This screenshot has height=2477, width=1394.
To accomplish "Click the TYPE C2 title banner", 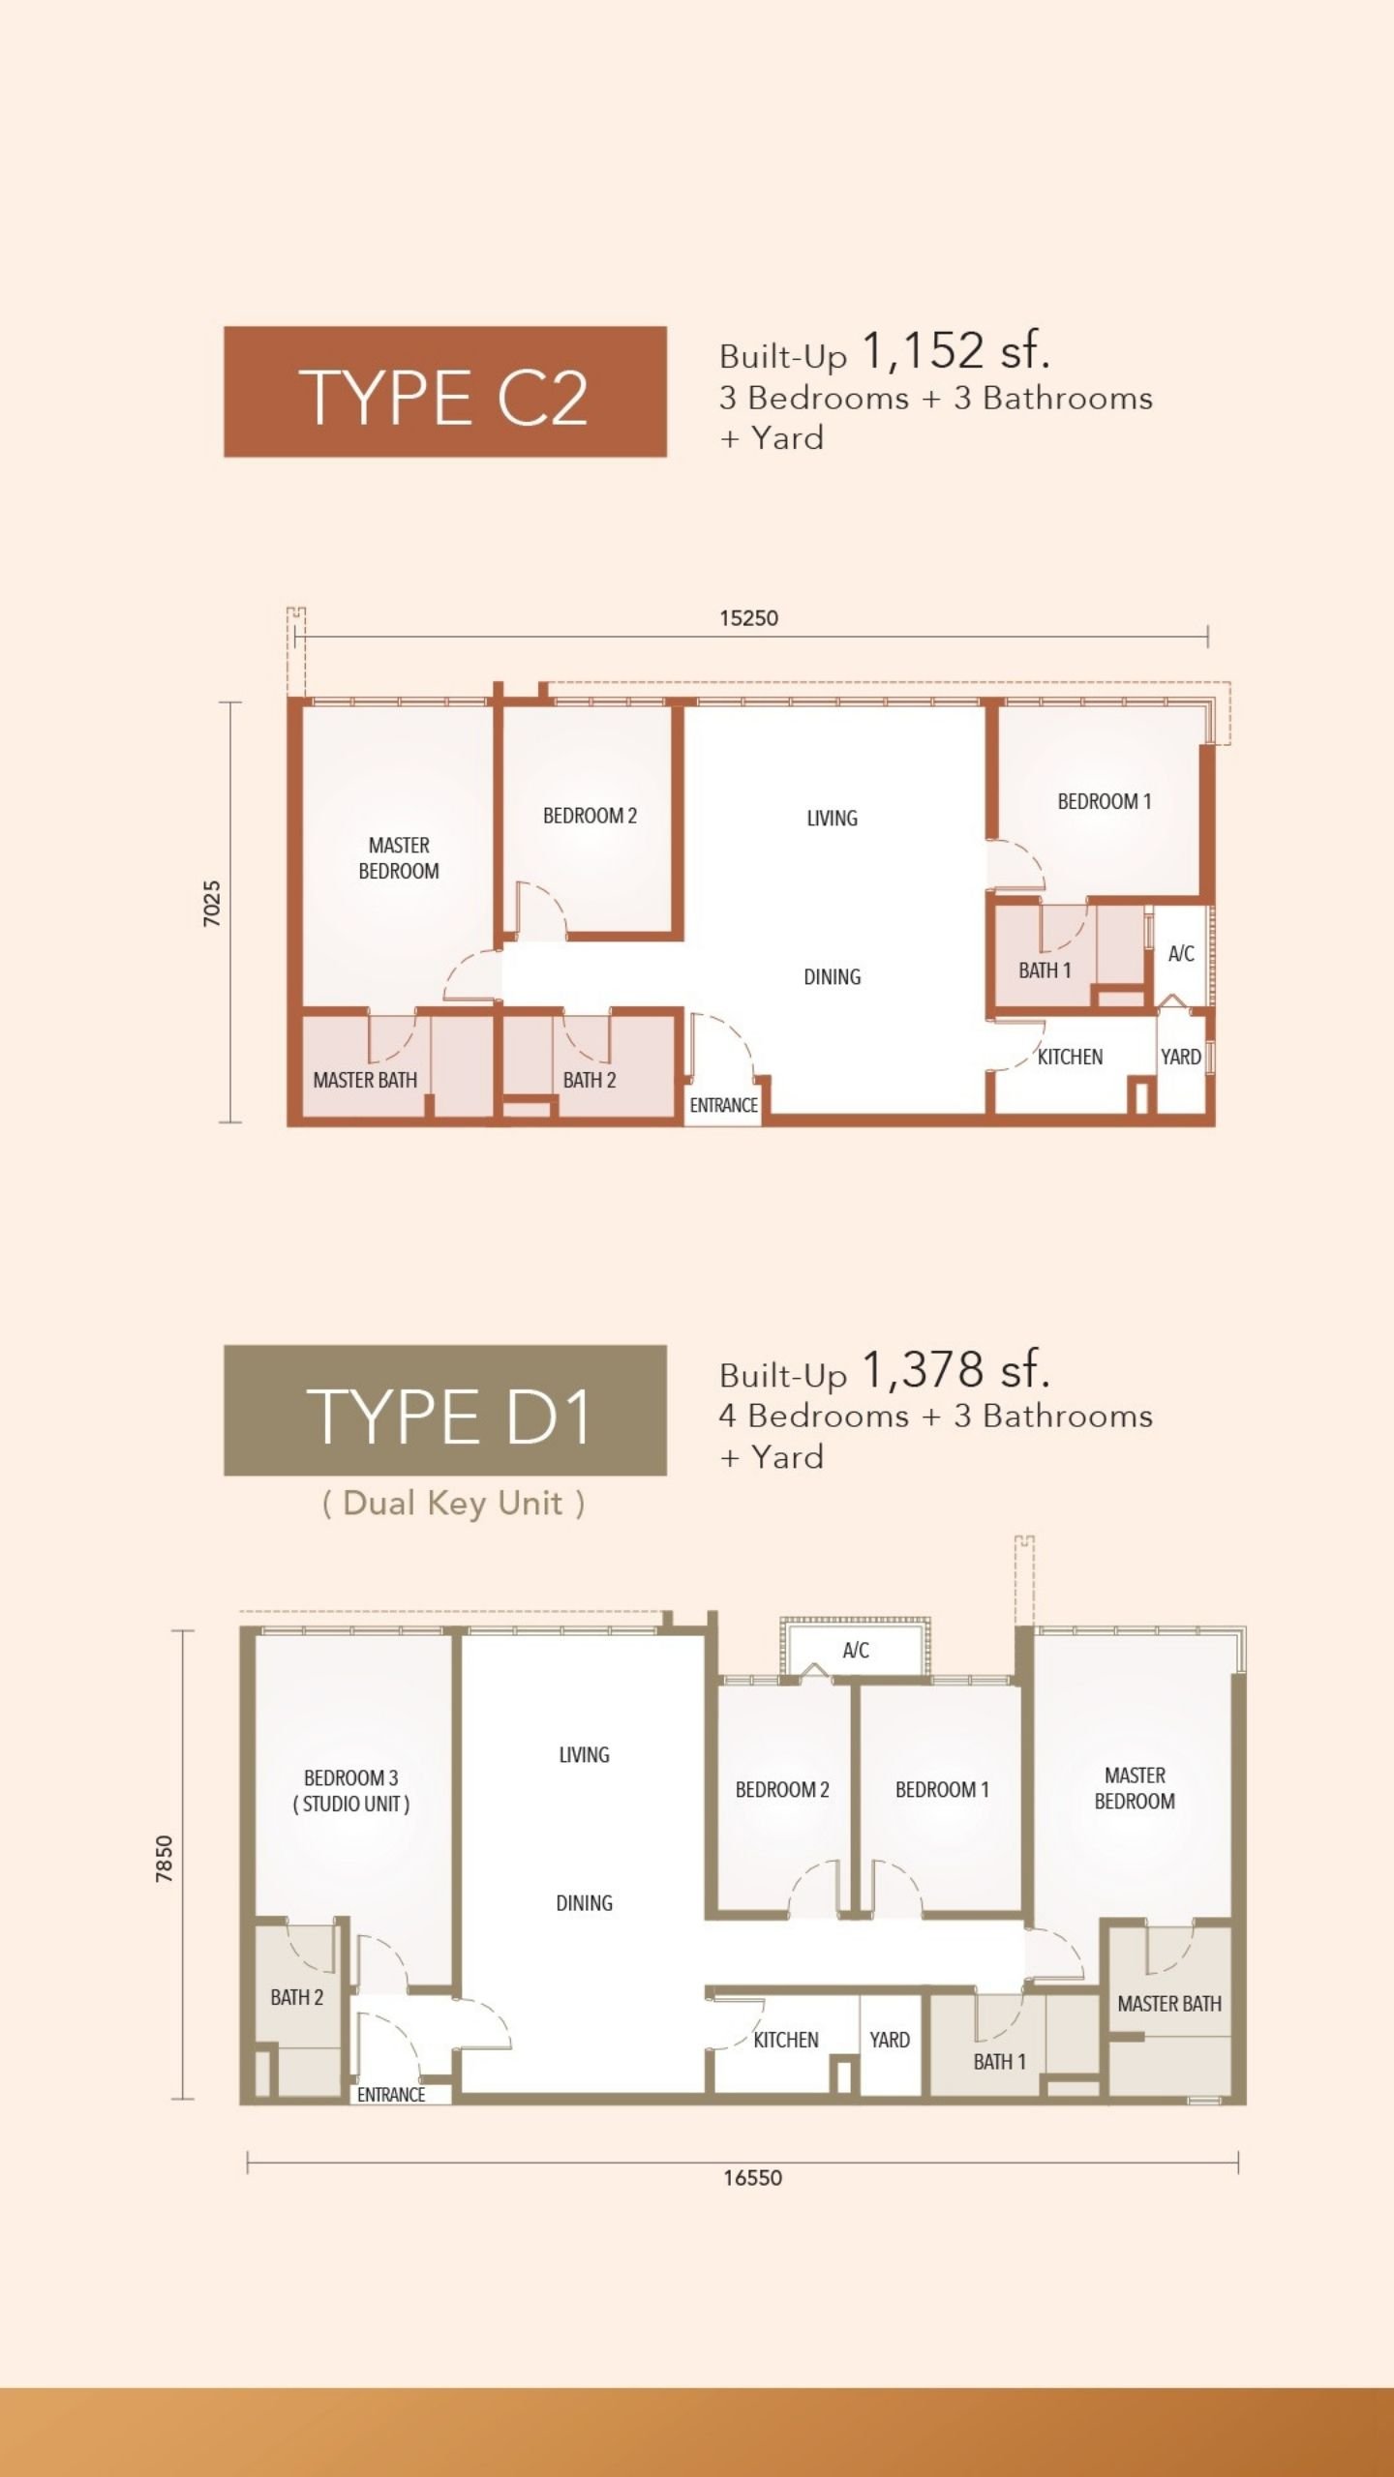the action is (445, 392).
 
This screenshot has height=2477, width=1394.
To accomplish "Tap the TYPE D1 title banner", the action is (445, 1410).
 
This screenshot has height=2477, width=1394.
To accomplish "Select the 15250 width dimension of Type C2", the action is (748, 618).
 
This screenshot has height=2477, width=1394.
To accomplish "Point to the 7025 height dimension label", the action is (212, 904).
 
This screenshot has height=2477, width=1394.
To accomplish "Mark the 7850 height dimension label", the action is (165, 1859).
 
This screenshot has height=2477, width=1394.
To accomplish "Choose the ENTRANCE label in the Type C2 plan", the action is (723, 1105).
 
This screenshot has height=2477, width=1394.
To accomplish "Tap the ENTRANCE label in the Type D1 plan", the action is (391, 2095).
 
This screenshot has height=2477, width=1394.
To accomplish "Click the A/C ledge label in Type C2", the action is (1181, 954).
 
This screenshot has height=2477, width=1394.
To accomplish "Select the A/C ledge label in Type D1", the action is (856, 1651).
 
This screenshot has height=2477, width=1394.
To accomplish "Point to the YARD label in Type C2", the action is (1181, 1057).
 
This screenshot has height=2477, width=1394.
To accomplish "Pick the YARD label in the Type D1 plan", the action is (890, 2040).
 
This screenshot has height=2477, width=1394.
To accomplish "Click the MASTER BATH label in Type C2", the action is (365, 1080).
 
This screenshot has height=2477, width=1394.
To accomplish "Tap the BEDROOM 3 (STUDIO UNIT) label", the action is (351, 1790).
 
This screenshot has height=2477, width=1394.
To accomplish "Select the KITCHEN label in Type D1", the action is (786, 2040).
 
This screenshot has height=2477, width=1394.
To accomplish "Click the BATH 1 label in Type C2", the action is (1045, 970).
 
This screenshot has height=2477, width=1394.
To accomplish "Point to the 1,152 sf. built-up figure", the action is (955, 350).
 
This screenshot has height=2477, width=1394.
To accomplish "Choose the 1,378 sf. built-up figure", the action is (955, 1369).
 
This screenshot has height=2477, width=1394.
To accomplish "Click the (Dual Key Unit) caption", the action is (453, 1504).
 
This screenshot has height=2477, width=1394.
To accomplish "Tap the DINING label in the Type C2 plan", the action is (833, 977).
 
